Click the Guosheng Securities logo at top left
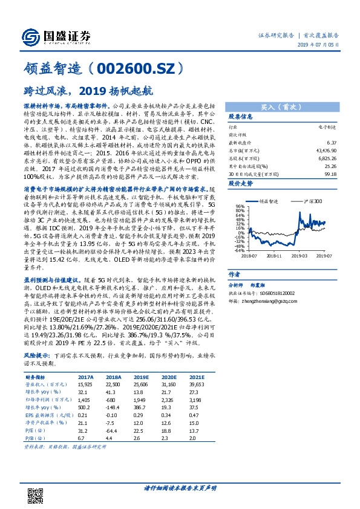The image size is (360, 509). coord(55,36)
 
